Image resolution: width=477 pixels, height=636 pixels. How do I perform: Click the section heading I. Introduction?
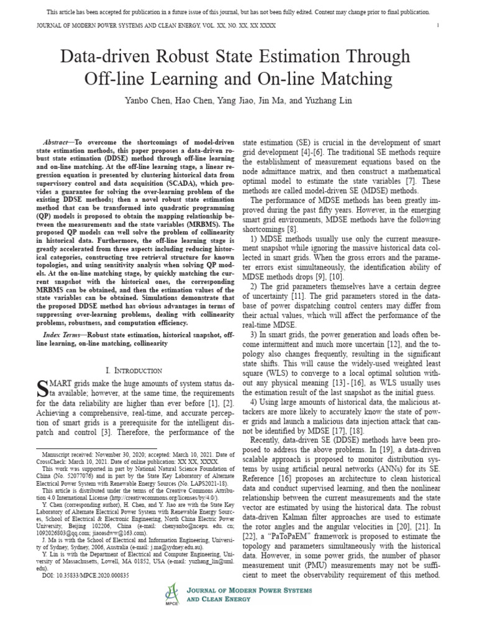(134, 370)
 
